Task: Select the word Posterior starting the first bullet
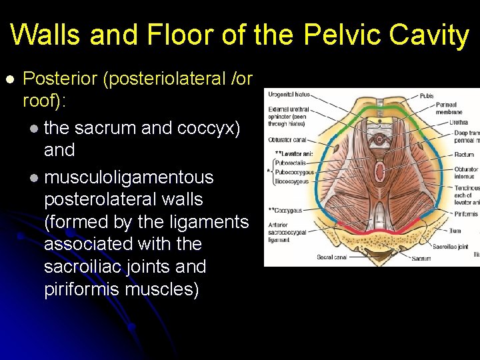point(61,79)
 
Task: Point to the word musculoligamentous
point(129,177)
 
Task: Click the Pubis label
point(427,96)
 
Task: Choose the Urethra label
point(459,122)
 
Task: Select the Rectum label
point(464,154)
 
